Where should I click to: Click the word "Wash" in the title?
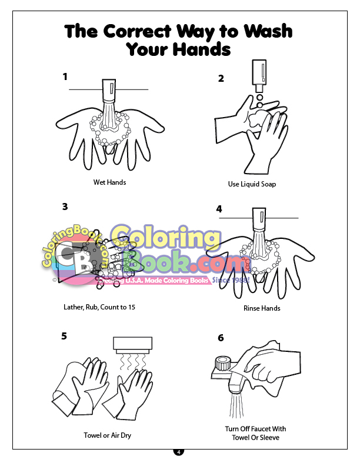tap(268, 31)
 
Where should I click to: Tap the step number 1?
tap(65, 76)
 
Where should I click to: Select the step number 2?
tap(221, 78)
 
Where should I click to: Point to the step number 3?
tap(65, 207)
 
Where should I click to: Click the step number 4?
tap(219, 209)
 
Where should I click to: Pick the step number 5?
tap(64, 336)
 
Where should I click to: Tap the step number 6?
tap(221, 338)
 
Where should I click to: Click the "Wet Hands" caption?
tap(109, 182)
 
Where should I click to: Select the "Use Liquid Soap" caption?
tap(252, 184)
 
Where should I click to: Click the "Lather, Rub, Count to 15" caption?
tap(99, 307)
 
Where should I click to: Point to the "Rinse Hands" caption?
tap(262, 308)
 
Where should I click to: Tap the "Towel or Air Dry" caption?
tap(107, 435)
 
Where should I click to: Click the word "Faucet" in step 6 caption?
tap(256, 429)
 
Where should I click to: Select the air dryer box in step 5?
tap(133, 345)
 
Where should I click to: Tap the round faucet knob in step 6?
tap(222, 364)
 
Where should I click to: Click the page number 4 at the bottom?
tap(178, 452)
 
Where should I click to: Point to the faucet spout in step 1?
tap(109, 91)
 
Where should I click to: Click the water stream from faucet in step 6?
tap(236, 405)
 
